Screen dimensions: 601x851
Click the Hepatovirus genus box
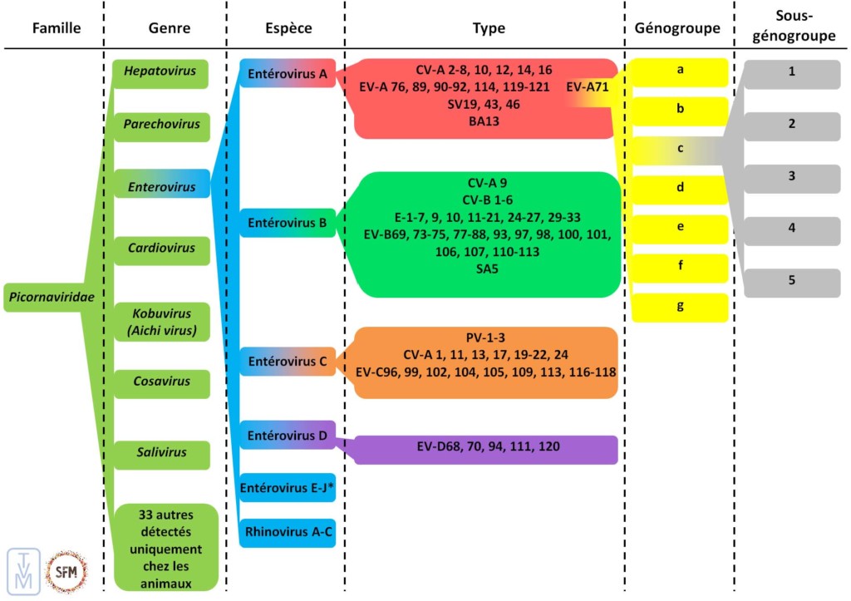coord(160,71)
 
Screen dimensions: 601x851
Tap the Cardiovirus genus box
coord(161,248)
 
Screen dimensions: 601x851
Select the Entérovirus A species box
coord(288,75)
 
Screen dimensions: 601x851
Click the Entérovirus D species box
coord(288,436)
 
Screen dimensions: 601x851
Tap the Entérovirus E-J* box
coord(288,487)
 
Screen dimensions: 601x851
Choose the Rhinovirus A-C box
coord(288,531)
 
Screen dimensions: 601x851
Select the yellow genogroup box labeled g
coord(680,306)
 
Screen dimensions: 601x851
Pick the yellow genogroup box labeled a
coord(680,71)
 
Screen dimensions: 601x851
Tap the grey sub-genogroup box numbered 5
coord(791,281)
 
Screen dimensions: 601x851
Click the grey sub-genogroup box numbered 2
coord(791,124)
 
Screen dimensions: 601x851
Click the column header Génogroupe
coord(677,28)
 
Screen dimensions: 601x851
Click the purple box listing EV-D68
coord(487,447)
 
